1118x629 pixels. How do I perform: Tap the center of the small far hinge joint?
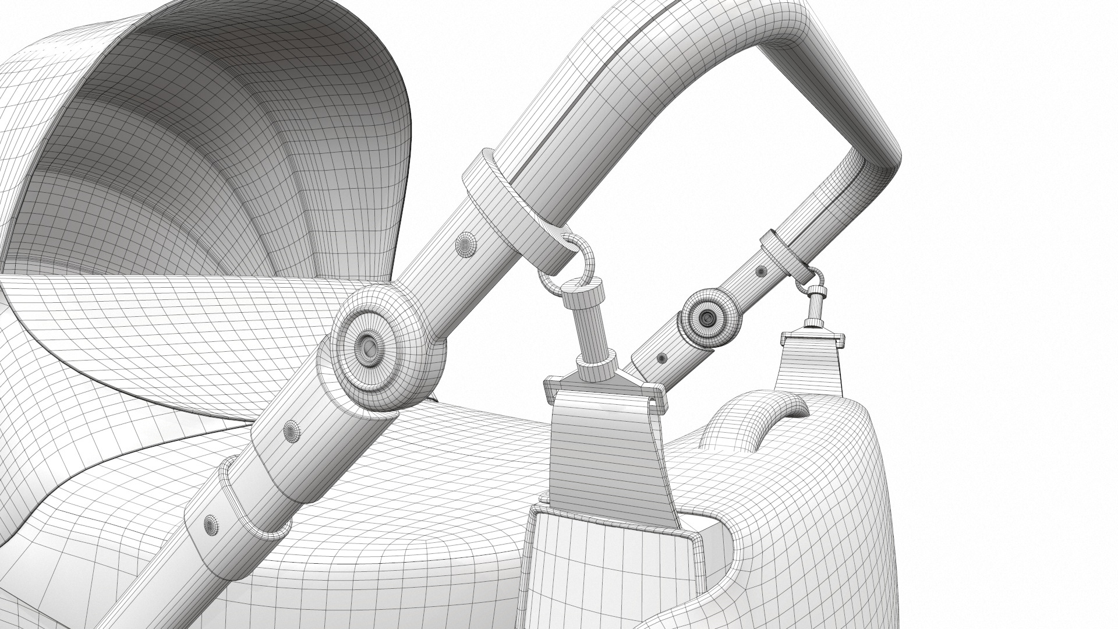pyautogui.click(x=707, y=317)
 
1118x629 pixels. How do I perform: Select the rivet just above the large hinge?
pyautogui.click(x=466, y=243)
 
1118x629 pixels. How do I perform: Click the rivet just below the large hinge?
pyautogui.click(x=291, y=431)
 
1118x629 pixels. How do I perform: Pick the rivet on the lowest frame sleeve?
pyautogui.click(x=208, y=522)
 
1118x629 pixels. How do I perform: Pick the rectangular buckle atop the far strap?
pyautogui.click(x=812, y=335)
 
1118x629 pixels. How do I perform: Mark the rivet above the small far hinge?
pyautogui.click(x=761, y=270)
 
